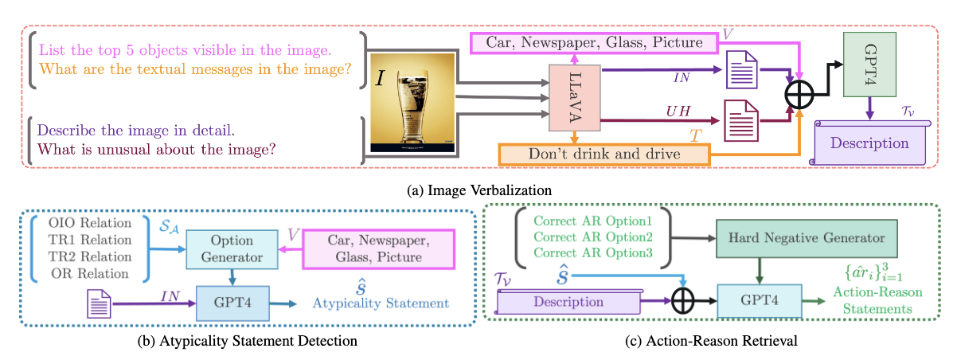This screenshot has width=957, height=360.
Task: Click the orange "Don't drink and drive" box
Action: click(603, 153)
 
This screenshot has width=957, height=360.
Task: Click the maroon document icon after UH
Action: click(740, 121)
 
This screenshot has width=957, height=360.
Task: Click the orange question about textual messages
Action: click(195, 70)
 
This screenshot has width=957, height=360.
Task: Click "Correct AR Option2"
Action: click(593, 237)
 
